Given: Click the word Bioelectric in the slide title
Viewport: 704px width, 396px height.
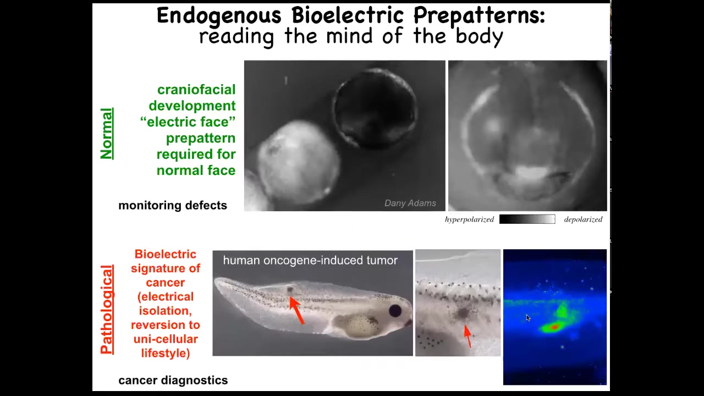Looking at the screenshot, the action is (347, 15).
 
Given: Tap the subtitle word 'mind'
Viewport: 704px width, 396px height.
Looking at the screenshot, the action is (349, 36).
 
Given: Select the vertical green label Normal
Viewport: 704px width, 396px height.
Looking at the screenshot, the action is (107, 134).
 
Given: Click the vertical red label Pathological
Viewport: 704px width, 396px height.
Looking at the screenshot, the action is (107, 310).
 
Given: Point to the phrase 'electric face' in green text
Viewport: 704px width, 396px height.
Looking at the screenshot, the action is (188, 122).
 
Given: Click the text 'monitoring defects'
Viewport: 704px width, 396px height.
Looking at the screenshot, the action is (173, 205).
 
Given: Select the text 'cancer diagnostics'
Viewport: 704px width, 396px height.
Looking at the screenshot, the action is (173, 380).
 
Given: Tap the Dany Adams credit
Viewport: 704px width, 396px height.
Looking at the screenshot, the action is (410, 203).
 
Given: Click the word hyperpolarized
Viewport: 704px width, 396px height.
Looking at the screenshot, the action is (469, 219).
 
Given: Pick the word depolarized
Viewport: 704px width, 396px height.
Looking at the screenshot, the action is (583, 219).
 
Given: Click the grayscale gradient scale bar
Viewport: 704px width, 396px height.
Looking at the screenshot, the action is (527, 219).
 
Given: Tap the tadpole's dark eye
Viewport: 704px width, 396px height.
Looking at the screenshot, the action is (395, 311).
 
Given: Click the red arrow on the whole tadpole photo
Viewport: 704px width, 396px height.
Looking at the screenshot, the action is (296, 311).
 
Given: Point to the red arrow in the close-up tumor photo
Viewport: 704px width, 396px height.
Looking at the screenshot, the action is (468, 336).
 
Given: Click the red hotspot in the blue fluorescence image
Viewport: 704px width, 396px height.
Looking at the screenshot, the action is (555, 327).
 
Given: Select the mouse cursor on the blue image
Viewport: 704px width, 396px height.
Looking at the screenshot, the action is (529, 318).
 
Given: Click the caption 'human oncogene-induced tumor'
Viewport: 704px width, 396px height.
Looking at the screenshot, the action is (310, 260).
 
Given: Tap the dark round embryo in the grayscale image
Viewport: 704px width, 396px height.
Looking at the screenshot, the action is (375, 108).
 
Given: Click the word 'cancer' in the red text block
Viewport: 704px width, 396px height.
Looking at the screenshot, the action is (166, 282).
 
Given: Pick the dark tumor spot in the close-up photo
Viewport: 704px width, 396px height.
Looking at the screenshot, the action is (463, 313).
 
